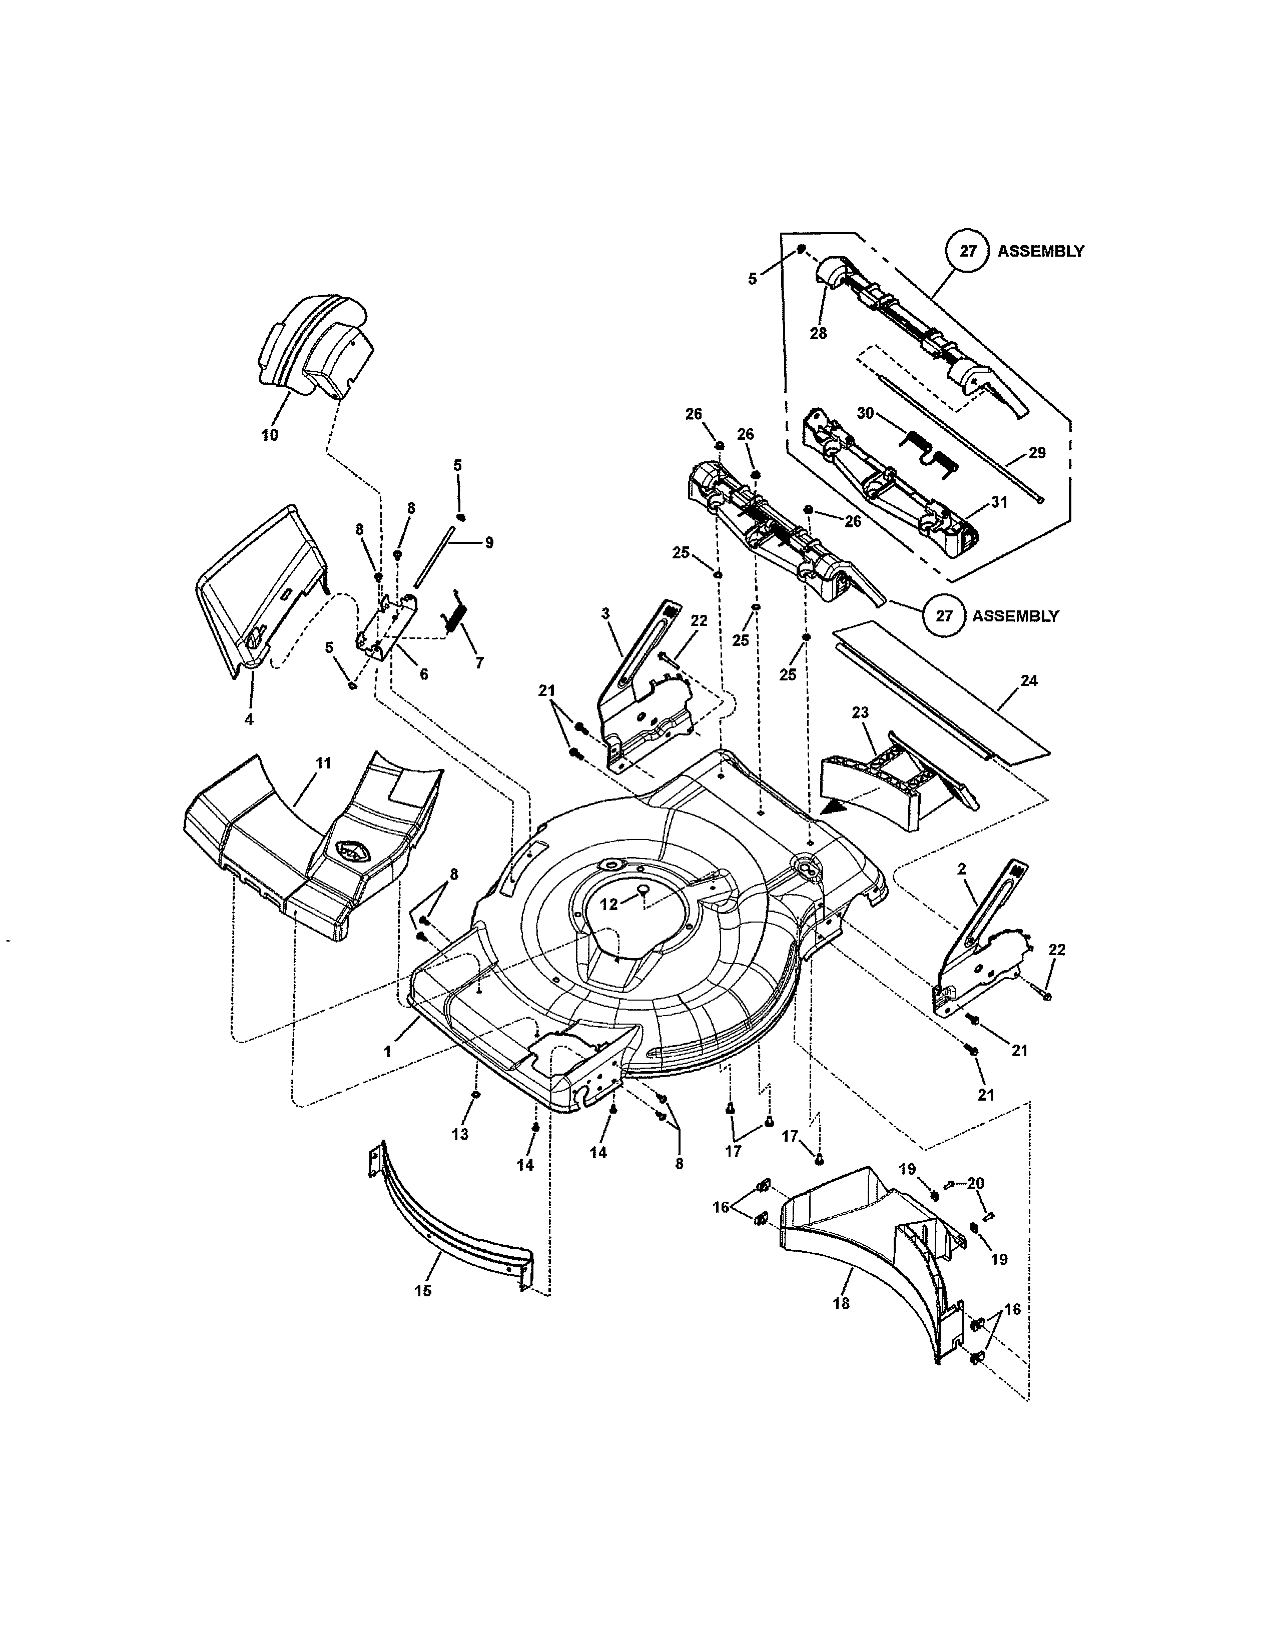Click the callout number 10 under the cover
coord(269,435)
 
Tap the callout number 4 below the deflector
coord(249,719)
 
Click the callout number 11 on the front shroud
coord(323,763)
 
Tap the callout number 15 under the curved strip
coord(423,1291)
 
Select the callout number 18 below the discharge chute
coord(841,1303)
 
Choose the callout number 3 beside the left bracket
coord(605,614)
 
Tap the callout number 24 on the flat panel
coord(1029,680)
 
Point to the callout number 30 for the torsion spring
coord(866,414)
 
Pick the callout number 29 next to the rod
coord(1037,453)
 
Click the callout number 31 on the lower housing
coord(999,503)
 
